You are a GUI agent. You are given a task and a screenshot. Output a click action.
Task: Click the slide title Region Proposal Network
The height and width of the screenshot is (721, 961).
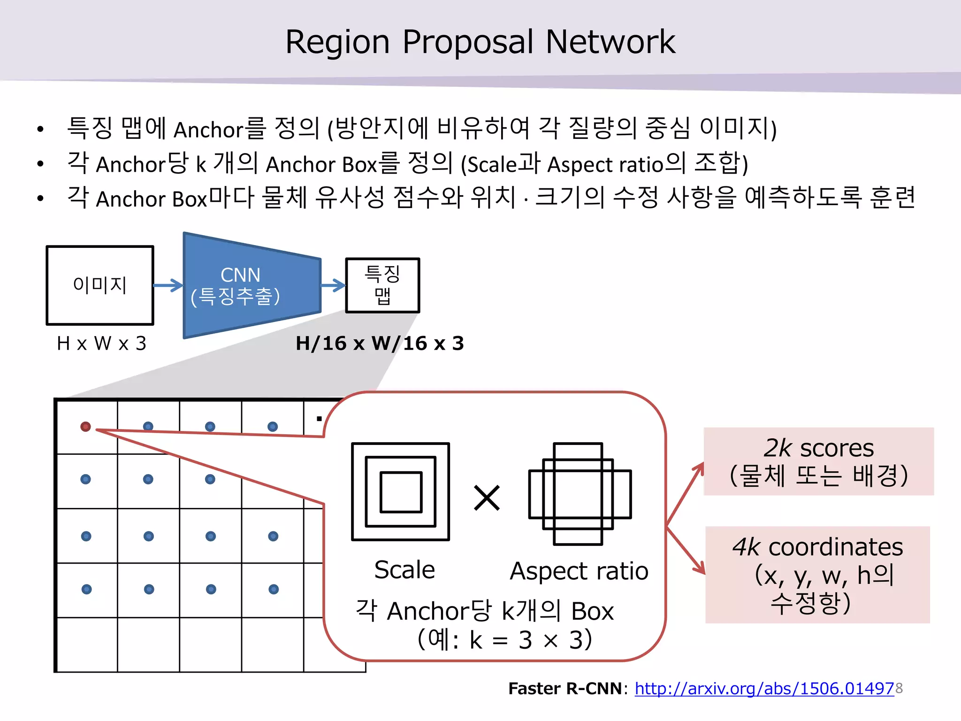480,42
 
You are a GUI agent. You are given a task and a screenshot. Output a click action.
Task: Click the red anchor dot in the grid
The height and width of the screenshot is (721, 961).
85,426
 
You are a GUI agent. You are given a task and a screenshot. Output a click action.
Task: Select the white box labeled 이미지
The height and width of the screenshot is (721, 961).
100,285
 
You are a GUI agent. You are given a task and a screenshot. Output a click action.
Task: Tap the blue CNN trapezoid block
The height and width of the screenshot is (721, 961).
252,285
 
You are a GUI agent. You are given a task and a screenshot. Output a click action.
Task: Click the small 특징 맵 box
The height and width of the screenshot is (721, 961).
382,285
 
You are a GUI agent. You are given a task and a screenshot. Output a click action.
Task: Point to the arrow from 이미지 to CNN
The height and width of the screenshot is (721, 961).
168,285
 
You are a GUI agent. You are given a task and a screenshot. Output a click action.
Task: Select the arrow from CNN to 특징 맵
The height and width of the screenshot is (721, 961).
334,285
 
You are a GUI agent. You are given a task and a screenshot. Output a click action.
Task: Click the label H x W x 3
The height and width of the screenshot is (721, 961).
101,344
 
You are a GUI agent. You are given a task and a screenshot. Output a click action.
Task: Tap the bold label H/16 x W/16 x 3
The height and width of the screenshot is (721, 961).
380,344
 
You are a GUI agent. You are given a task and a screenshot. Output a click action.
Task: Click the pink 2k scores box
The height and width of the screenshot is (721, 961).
819,461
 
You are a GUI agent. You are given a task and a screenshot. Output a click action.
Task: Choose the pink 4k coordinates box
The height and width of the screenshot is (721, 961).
817,575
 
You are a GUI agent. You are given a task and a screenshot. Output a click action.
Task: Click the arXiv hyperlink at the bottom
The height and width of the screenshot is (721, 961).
764,689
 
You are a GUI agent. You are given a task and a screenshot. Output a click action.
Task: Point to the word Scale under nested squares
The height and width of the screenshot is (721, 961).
404,570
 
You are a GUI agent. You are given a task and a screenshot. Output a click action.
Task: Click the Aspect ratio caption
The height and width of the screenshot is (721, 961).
579,571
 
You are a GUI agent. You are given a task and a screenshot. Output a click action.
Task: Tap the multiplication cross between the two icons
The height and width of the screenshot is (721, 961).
487,498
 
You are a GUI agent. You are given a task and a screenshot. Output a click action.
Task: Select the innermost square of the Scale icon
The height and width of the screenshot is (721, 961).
401,492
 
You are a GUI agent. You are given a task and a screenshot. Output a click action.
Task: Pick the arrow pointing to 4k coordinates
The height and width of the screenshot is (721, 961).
686,550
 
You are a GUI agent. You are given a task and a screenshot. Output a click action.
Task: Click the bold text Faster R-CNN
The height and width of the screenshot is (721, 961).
565,689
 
